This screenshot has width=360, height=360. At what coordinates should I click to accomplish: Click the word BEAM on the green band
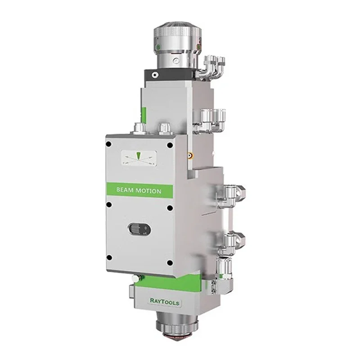coord(125,190)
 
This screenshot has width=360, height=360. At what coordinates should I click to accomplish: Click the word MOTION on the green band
coord(148,191)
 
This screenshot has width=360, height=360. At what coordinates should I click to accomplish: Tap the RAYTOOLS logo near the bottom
coord(164,301)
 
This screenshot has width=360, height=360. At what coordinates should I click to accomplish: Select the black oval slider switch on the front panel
coord(139,229)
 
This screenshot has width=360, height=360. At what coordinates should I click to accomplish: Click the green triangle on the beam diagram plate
coord(138,156)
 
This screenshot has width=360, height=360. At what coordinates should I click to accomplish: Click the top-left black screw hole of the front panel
coord(108,144)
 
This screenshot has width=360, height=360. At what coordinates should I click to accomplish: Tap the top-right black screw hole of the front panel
coord(170,145)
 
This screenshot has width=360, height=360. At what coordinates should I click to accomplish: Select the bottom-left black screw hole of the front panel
coord(109,257)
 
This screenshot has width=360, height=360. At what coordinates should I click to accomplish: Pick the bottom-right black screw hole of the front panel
coord(170,263)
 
